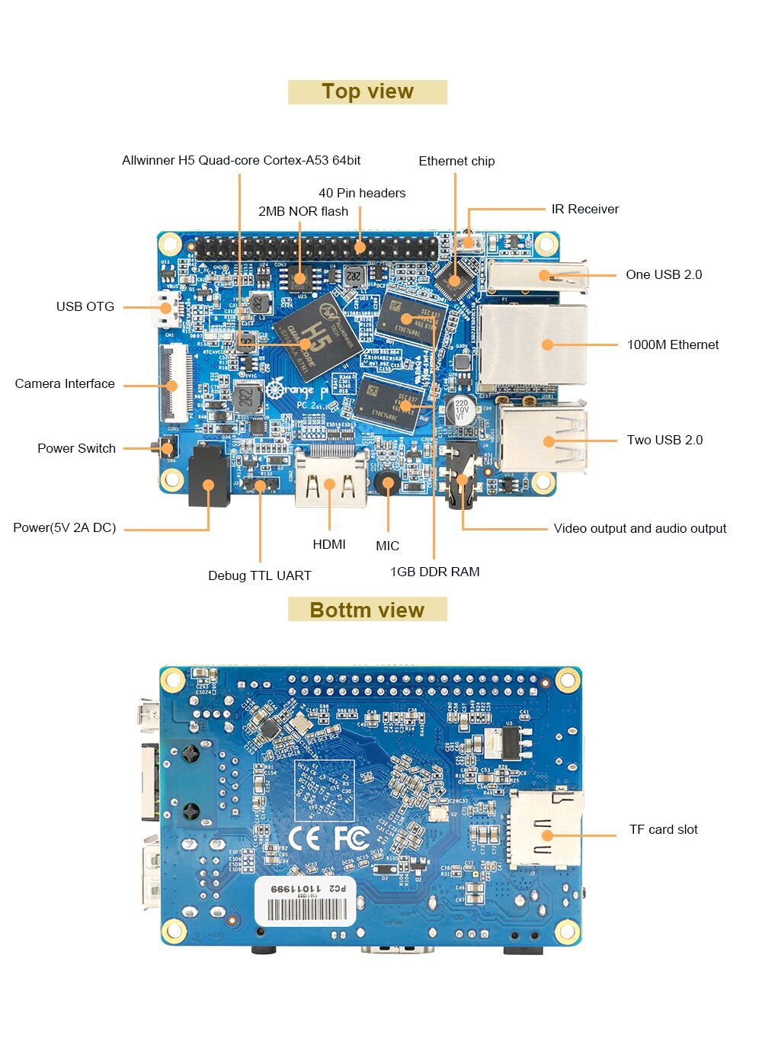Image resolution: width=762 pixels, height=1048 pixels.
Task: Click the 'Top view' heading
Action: (x=367, y=91)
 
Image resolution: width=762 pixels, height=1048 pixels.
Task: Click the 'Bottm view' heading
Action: (x=367, y=610)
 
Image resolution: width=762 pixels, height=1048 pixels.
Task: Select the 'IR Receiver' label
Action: (x=584, y=209)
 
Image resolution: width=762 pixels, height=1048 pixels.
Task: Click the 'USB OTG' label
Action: (x=85, y=306)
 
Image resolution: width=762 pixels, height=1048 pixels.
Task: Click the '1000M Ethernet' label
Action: (x=672, y=345)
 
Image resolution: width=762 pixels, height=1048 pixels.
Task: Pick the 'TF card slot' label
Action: (x=663, y=829)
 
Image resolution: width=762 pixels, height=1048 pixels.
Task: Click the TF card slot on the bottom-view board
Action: (x=544, y=829)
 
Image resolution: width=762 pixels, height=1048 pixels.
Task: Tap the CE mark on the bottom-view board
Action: (x=304, y=838)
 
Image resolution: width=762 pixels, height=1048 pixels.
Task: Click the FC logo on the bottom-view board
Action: (x=351, y=838)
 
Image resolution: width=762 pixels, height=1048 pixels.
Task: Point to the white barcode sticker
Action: (x=305, y=901)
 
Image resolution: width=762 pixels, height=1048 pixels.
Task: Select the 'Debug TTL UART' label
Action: (x=260, y=575)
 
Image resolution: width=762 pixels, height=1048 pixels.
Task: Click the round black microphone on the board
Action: (x=388, y=482)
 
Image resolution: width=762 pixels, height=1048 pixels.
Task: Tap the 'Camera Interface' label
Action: (x=65, y=383)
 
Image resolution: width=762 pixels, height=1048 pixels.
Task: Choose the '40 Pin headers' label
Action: (x=362, y=193)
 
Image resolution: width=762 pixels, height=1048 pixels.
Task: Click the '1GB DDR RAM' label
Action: (x=434, y=572)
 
